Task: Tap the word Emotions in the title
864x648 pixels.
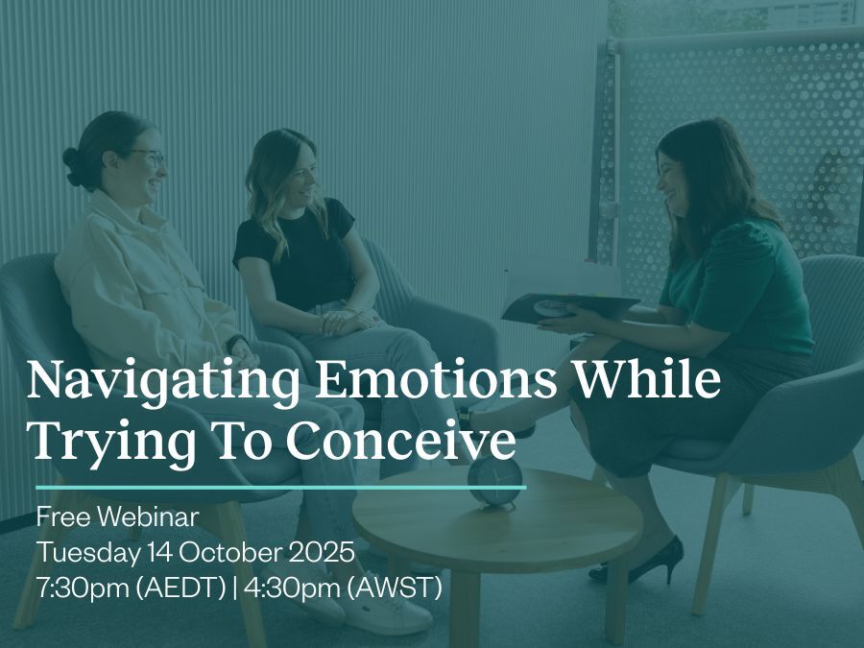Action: tap(435, 379)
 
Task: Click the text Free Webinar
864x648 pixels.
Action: tap(117, 516)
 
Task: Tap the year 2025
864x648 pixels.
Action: tap(322, 552)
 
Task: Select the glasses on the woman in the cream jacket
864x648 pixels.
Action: tap(148, 157)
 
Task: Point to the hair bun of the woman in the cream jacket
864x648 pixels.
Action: tap(74, 166)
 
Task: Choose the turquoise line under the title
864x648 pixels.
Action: tap(281, 488)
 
